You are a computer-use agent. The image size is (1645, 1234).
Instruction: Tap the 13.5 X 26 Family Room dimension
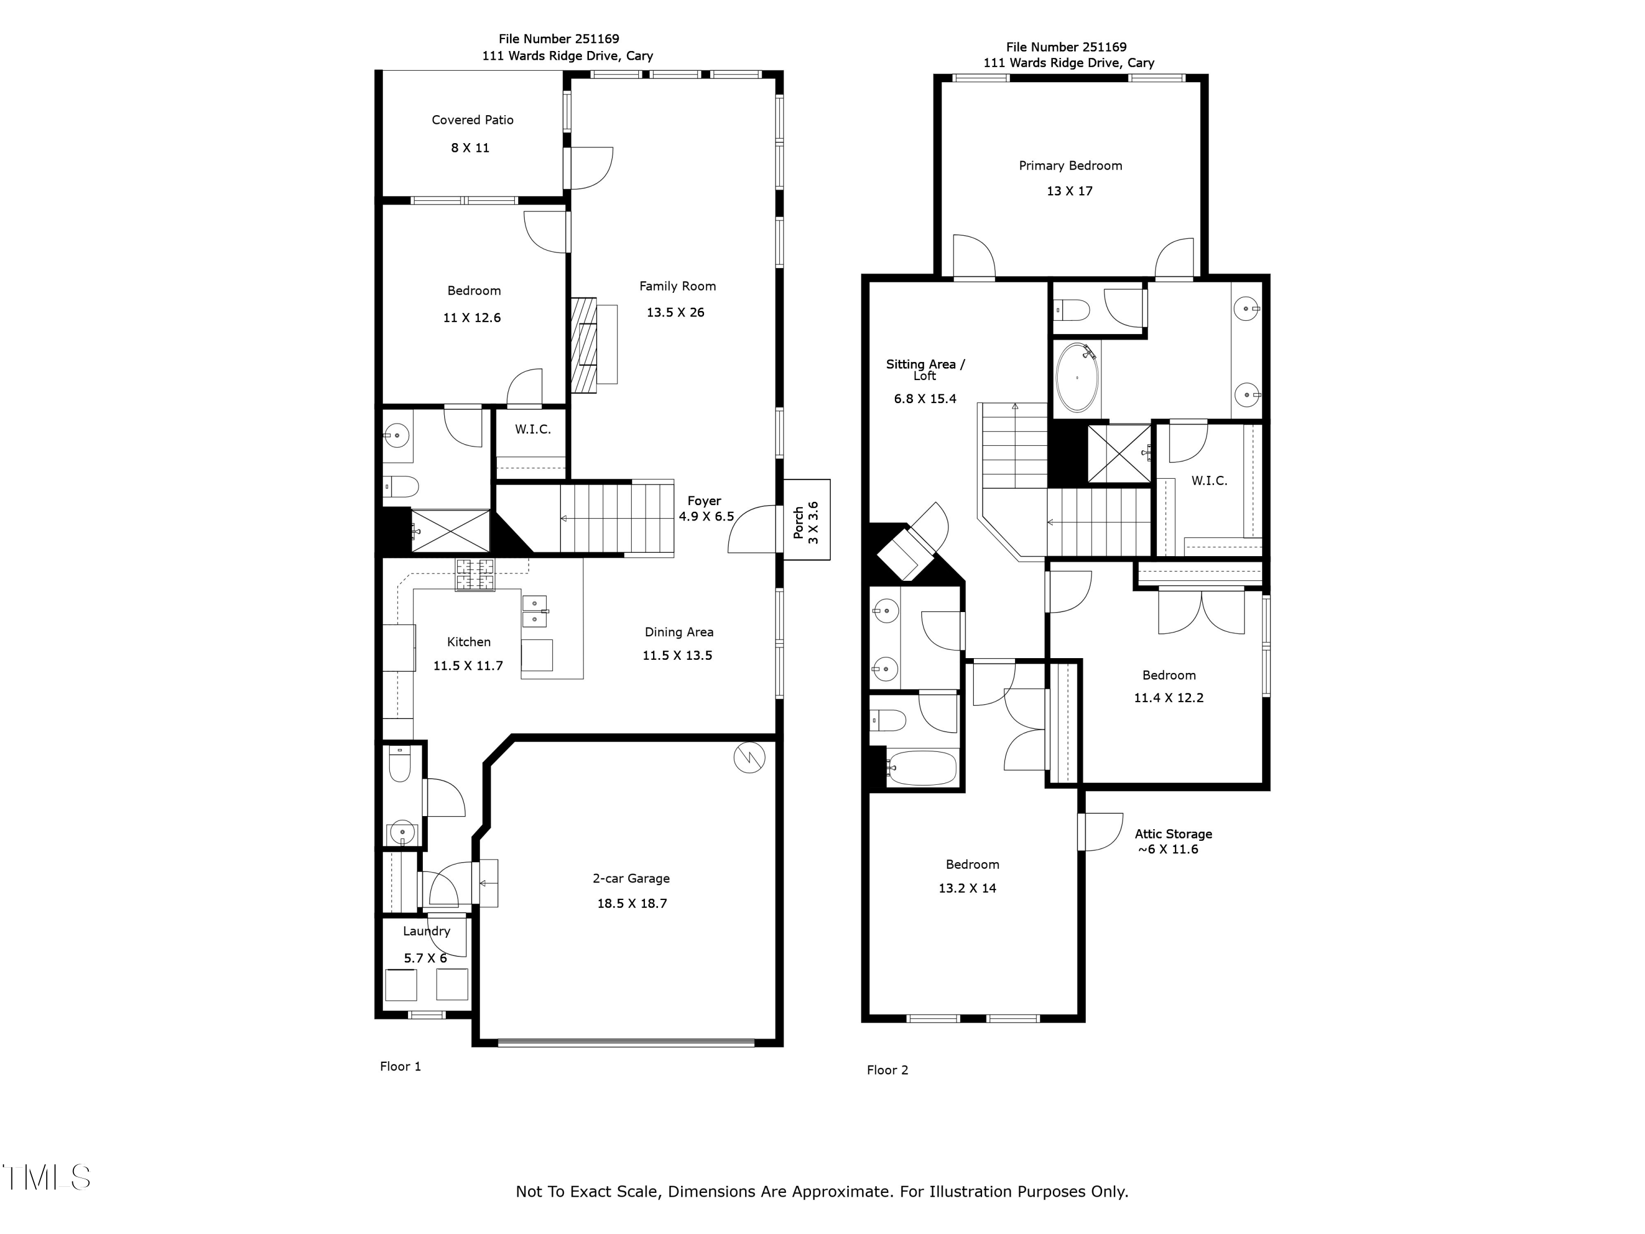point(674,313)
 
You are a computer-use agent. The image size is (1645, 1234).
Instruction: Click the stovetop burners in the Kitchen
point(474,575)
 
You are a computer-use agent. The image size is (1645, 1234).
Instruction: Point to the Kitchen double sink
point(535,610)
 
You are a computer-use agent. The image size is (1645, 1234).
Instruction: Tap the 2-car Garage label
point(631,879)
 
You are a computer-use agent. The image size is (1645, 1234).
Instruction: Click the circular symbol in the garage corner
point(749,758)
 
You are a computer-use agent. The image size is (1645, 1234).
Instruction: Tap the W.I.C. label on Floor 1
point(532,429)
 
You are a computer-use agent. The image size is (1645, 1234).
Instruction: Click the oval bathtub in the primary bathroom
point(1077,377)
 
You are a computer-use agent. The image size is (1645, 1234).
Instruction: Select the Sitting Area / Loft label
point(924,370)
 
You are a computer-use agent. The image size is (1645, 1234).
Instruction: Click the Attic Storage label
point(1173,834)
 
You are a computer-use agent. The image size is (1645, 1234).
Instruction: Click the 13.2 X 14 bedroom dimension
point(967,888)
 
